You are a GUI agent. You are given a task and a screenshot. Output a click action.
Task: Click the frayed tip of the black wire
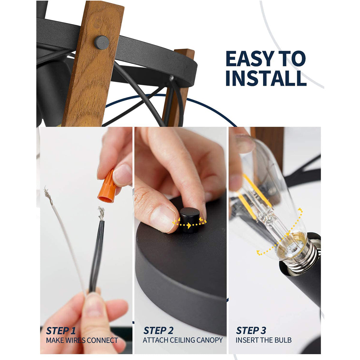coord(101,213)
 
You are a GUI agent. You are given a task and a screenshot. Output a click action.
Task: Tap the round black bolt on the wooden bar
coord(101,42)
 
